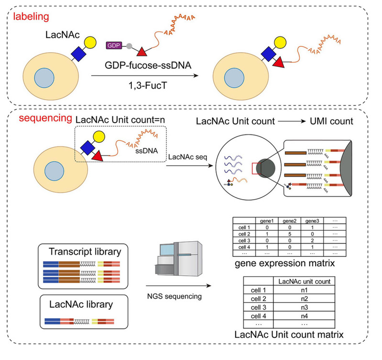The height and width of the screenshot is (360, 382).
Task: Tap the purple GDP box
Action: click(113, 45)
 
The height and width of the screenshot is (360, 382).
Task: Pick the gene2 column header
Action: click(290, 221)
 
